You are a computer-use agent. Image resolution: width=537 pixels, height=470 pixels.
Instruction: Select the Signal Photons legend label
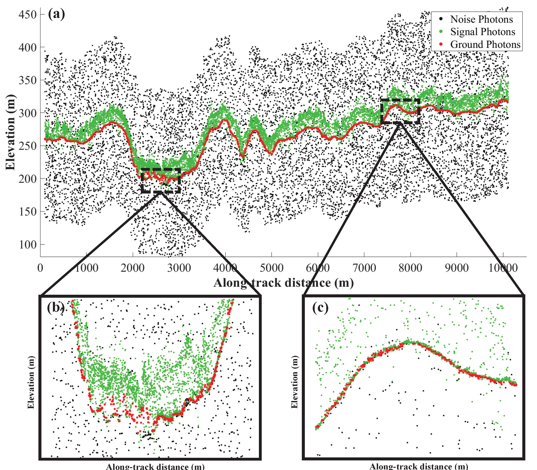click(483, 32)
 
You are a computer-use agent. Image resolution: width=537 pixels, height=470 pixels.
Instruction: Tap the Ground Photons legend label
click(485, 44)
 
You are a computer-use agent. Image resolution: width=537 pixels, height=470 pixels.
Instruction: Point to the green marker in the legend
click(441, 32)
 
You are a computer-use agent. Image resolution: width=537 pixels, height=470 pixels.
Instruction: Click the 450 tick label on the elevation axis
click(27, 14)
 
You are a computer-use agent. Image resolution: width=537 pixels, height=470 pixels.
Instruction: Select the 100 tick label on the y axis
click(27, 245)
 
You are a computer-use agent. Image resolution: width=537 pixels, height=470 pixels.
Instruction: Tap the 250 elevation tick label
click(27, 146)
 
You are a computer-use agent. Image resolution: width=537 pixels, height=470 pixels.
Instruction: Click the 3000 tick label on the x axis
click(179, 268)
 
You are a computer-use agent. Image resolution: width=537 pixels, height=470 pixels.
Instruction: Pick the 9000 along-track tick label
click(457, 268)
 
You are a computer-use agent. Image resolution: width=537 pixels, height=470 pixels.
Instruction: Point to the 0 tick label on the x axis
click(40, 268)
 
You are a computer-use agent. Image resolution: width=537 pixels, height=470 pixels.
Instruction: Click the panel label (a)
click(56, 14)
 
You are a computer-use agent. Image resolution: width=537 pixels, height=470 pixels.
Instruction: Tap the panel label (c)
click(320, 307)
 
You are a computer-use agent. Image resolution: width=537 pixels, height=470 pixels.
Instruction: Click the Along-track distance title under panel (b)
click(155, 466)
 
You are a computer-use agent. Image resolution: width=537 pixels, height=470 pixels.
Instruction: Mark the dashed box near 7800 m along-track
click(400, 111)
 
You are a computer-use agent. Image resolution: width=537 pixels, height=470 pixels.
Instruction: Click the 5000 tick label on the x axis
click(272, 268)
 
